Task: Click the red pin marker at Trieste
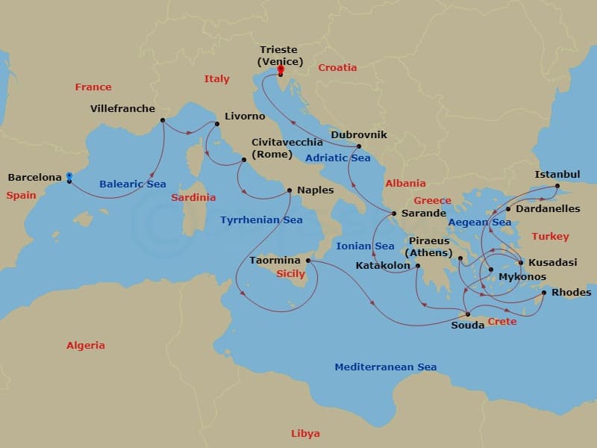point(281,71)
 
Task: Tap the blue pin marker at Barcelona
point(69,177)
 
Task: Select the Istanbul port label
point(557,175)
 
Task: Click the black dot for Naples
point(290,190)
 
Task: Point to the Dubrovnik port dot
point(359,146)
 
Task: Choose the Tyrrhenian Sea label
point(261,220)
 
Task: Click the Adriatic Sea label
point(337,158)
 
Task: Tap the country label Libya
point(305,433)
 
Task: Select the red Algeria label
point(86,345)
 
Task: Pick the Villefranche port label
point(122,108)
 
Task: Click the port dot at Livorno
point(217,124)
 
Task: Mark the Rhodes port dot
point(543,293)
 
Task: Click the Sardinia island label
point(193,197)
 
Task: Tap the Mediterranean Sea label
point(385,367)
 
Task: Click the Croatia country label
point(337,67)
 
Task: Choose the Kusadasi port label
point(552,263)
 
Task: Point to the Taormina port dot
point(308,261)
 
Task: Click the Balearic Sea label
point(132,184)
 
